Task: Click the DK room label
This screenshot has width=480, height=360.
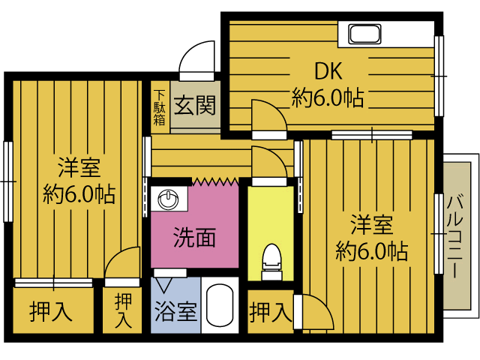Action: point(328,71)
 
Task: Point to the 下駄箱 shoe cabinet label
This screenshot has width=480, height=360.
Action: point(160,107)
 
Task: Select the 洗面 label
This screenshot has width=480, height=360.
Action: point(194,238)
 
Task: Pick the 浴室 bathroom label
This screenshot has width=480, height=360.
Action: point(175,311)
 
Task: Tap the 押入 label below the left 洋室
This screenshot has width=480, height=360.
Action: point(51,311)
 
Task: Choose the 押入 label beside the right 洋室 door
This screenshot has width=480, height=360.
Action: point(270,310)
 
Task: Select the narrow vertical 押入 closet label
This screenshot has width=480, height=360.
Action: point(123,311)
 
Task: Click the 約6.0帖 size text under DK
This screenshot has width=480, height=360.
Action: point(328,97)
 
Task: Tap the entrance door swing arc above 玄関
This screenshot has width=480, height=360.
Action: point(199,57)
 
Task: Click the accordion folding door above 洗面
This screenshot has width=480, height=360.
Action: point(215,181)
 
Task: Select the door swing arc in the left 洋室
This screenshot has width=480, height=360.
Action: point(123,265)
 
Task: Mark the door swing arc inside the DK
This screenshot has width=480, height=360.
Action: point(268,116)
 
